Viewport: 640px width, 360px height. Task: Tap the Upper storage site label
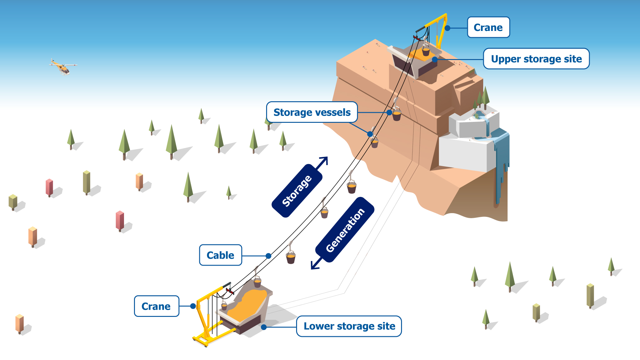click(536, 59)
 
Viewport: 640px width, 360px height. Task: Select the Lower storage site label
click(349, 326)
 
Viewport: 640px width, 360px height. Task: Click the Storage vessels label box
click(312, 112)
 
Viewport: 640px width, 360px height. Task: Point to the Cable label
click(220, 255)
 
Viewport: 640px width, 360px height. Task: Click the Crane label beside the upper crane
click(488, 27)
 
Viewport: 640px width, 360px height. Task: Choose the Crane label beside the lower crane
click(156, 306)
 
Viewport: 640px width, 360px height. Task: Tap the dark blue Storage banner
click(297, 191)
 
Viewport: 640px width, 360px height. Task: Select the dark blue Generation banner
click(345, 230)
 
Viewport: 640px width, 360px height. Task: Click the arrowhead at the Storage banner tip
click(324, 160)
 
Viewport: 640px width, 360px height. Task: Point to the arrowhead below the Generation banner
click(314, 266)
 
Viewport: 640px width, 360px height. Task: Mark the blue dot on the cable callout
click(268, 256)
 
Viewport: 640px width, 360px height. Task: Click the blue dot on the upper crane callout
click(447, 28)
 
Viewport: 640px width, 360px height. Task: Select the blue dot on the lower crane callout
click(193, 306)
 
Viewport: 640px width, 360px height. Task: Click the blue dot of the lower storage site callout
click(264, 327)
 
